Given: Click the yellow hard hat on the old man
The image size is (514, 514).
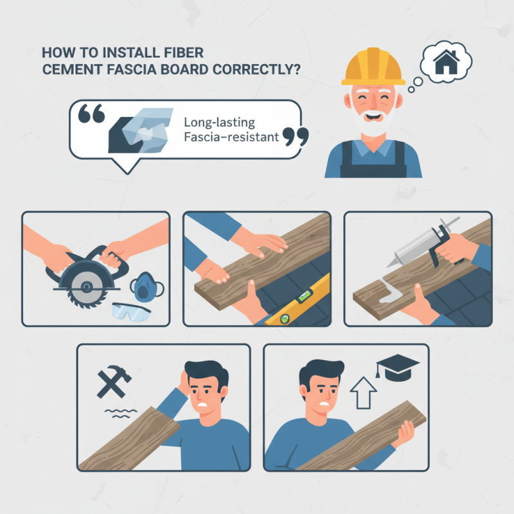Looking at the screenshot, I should pyautogui.click(x=373, y=67).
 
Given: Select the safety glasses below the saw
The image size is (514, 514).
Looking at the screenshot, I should pyautogui.click(x=130, y=312).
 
